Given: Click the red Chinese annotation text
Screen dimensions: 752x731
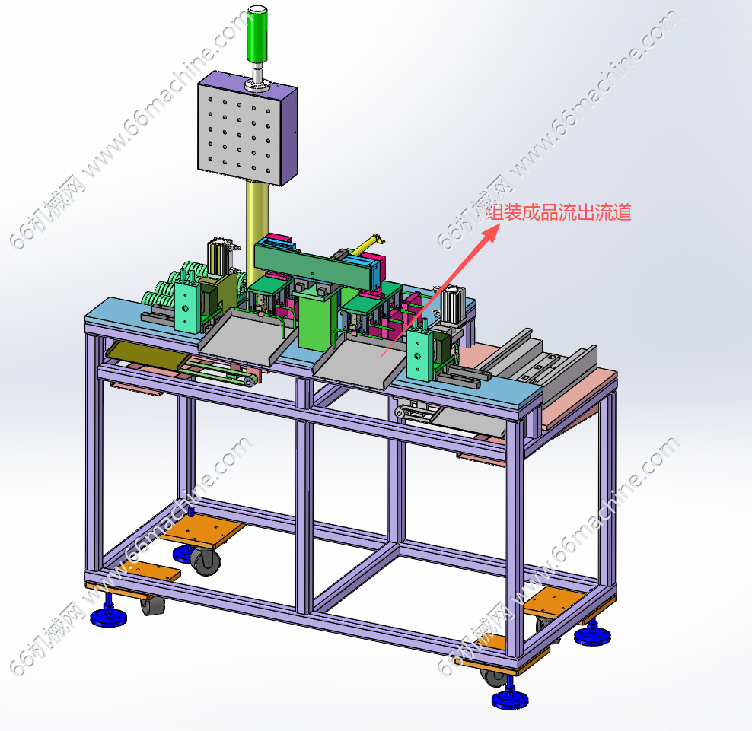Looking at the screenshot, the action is [559, 212].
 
